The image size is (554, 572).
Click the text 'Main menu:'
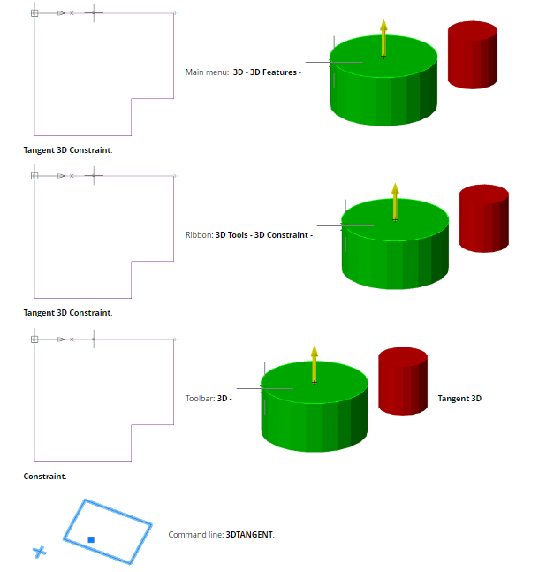pyautogui.click(x=207, y=72)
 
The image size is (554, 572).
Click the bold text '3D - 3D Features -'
pyautogui.click(x=267, y=72)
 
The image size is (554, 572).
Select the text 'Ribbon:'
pyautogui.click(x=199, y=235)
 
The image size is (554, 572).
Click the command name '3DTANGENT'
pyautogui.click(x=250, y=535)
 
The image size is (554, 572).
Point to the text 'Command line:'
pyautogui.click(x=196, y=535)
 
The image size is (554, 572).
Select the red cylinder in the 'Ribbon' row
pyautogui.click(x=483, y=218)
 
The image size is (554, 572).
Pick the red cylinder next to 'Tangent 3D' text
pyautogui.click(x=403, y=381)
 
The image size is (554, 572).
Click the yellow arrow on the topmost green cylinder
pyautogui.click(x=383, y=37)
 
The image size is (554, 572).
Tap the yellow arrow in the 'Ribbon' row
pyautogui.click(x=395, y=201)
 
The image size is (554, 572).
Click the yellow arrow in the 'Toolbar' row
pyautogui.click(x=315, y=363)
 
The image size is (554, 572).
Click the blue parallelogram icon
pyautogui.click(x=107, y=530)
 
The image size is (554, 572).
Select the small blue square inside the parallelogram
pyautogui.click(x=91, y=538)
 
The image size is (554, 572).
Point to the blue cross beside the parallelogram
pyautogui.click(x=39, y=553)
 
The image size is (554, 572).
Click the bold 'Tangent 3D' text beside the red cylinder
pyautogui.click(x=459, y=399)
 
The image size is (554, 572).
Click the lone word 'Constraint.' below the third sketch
pyautogui.click(x=44, y=477)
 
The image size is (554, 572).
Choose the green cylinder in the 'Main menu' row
pyautogui.click(x=383, y=88)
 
